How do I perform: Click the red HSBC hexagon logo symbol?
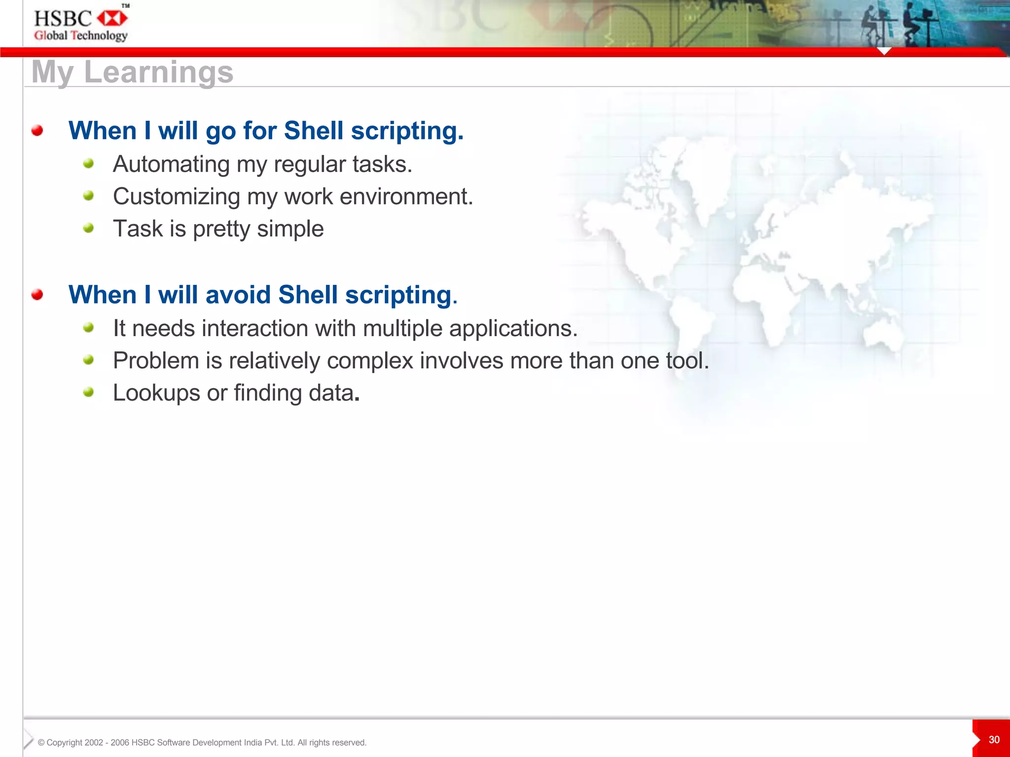pyautogui.click(x=112, y=19)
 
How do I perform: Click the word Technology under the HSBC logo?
pyautogui.click(x=99, y=35)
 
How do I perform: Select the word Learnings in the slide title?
pyautogui.click(x=158, y=72)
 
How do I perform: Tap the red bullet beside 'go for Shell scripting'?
pyautogui.click(x=37, y=131)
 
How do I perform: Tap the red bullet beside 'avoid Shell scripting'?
pyautogui.click(x=37, y=295)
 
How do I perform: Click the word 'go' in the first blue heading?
pyautogui.click(x=220, y=132)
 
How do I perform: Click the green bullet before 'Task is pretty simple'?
pyautogui.click(x=88, y=228)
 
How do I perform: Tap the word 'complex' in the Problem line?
pyautogui.click(x=370, y=361)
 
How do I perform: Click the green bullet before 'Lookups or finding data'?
pyautogui.click(x=88, y=392)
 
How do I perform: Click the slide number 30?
pyautogui.click(x=994, y=740)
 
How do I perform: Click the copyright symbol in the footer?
pyautogui.click(x=41, y=743)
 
